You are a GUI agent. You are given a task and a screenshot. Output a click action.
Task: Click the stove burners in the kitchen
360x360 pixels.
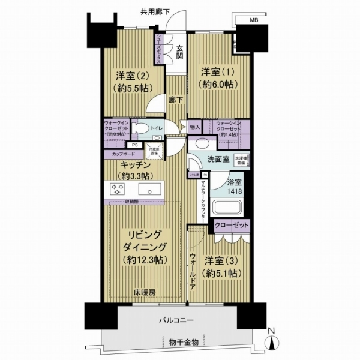coord(117,190)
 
